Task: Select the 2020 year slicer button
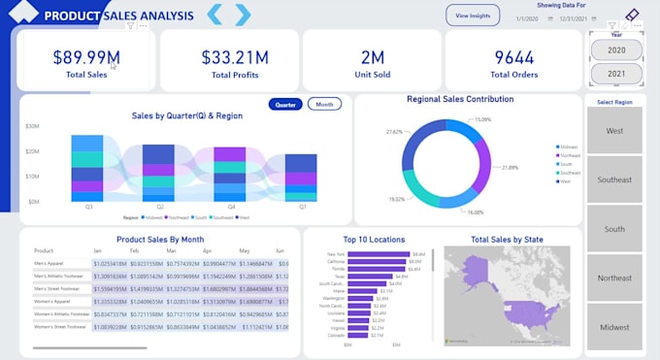click(x=615, y=49)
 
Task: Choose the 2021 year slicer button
click(x=615, y=74)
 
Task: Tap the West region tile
click(x=614, y=131)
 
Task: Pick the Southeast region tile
click(x=614, y=180)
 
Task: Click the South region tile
click(x=614, y=229)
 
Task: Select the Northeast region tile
click(x=614, y=278)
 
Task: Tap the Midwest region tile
click(x=614, y=327)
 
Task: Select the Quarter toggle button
click(x=285, y=105)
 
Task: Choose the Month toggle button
click(x=324, y=105)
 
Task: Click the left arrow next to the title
click(x=216, y=15)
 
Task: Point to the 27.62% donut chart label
click(x=395, y=131)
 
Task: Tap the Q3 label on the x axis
click(x=89, y=207)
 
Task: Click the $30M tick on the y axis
click(x=32, y=126)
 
